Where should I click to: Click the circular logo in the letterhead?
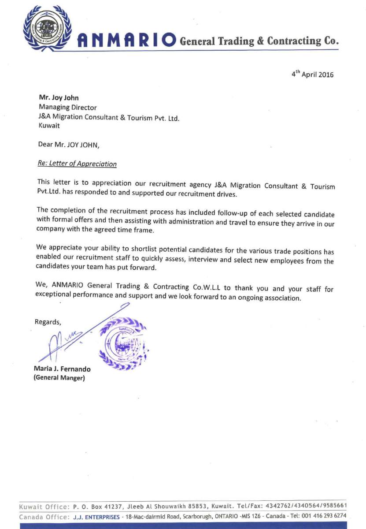[47, 27]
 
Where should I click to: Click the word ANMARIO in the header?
[127, 41]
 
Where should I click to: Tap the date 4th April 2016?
[312, 74]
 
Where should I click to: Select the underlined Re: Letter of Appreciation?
[77, 164]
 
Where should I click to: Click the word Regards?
[48, 322]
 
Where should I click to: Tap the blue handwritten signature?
[66, 339]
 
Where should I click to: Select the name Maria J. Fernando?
[62, 369]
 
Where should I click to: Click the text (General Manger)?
[59, 378]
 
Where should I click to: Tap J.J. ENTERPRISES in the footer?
[96, 516]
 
